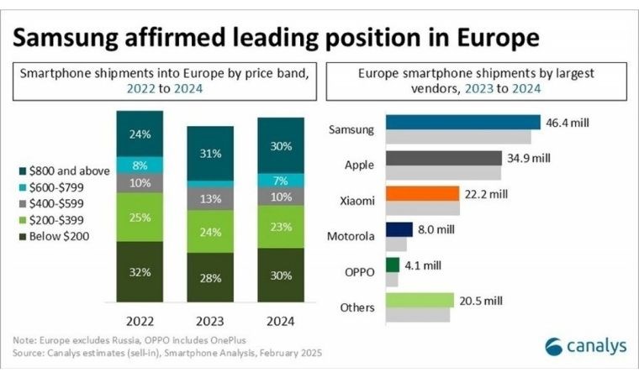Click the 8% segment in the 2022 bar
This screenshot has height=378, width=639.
[140, 165]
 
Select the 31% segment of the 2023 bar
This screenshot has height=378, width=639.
[210, 154]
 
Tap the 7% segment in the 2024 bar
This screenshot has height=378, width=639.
[281, 181]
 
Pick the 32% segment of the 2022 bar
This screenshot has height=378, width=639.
[140, 271]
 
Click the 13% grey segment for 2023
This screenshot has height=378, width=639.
[210, 199]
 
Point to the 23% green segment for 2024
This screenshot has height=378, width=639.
[281, 227]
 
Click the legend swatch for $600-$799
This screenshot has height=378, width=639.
[23, 187]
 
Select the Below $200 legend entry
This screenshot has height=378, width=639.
[54, 236]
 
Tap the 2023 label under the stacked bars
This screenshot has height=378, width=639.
[210, 322]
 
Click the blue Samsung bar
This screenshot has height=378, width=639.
[463, 122]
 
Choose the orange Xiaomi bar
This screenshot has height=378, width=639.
[422, 193]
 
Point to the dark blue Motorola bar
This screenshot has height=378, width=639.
[399, 229]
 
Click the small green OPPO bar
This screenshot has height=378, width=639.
[393, 265]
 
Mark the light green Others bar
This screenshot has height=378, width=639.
[420, 300]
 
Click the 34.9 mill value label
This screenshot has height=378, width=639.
[529, 158]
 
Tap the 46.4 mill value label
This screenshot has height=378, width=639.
[568, 123]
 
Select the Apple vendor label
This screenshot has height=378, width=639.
[359, 165]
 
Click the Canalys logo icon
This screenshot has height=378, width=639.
[553, 347]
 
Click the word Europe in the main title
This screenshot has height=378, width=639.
[498, 38]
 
